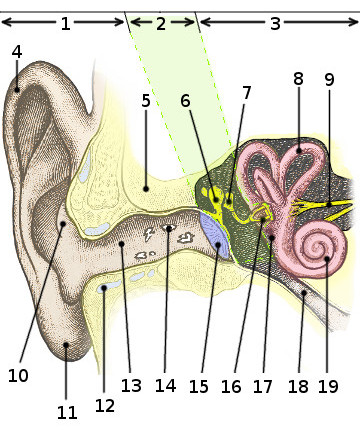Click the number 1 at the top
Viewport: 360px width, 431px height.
[x=65, y=23]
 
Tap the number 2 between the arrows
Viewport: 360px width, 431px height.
[x=161, y=23]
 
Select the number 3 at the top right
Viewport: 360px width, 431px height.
[x=274, y=23]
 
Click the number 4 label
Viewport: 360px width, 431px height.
[x=16, y=51]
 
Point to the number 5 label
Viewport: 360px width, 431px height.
[x=146, y=100]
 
